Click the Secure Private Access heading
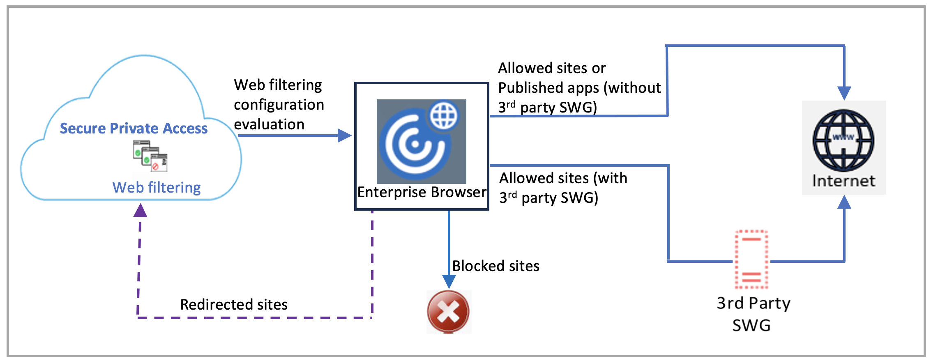[134, 129]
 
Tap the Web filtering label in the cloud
[157, 188]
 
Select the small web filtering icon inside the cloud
[150, 156]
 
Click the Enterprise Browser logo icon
[421, 141]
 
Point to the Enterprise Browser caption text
[422, 192]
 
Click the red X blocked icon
[448, 311]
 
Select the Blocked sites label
[495, 266]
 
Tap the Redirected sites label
[234, 305]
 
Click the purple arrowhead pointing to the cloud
[141, 211]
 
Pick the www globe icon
[843, 140]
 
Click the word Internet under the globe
[843, 181]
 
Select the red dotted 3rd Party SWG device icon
[751, 260]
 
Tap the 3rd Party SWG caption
[753, 314]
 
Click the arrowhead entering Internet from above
[844, 93]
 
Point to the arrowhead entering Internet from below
[844, 202]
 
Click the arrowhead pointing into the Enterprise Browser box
[344, 136]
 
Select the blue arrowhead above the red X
[449, 281]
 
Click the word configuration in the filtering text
[279, 105]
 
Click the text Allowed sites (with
[563, 178]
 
